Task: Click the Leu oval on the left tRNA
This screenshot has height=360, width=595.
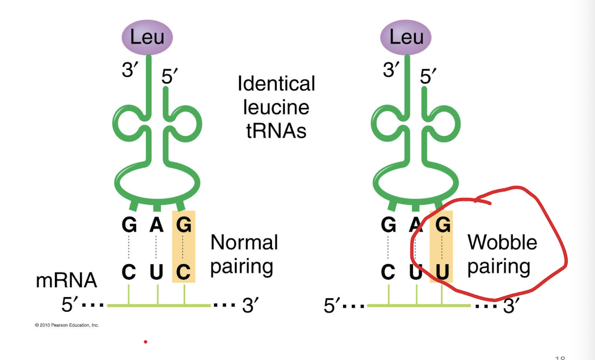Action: pos(147,37)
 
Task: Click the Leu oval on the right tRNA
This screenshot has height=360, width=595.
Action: pos(405,37)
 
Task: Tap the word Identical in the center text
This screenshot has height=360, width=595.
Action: pos(276,83)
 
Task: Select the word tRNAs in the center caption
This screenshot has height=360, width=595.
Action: pos(276,131)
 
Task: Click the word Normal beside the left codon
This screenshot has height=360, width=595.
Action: pos(244,242)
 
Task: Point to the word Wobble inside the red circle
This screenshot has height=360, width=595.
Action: pos(502,242)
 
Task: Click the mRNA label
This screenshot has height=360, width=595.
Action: pos(67,280)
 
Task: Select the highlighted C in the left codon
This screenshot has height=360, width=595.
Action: pos(184,272)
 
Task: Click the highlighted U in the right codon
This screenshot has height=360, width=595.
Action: pos(443,273)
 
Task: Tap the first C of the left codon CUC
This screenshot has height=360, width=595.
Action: pos(129,272)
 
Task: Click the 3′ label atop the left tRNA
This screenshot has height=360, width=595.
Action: pos(130,70)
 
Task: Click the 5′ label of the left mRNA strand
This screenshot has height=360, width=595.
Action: pos(70,305)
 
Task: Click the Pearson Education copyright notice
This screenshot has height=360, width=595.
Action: pos(67,325)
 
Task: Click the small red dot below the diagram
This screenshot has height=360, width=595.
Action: pos(145,342)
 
